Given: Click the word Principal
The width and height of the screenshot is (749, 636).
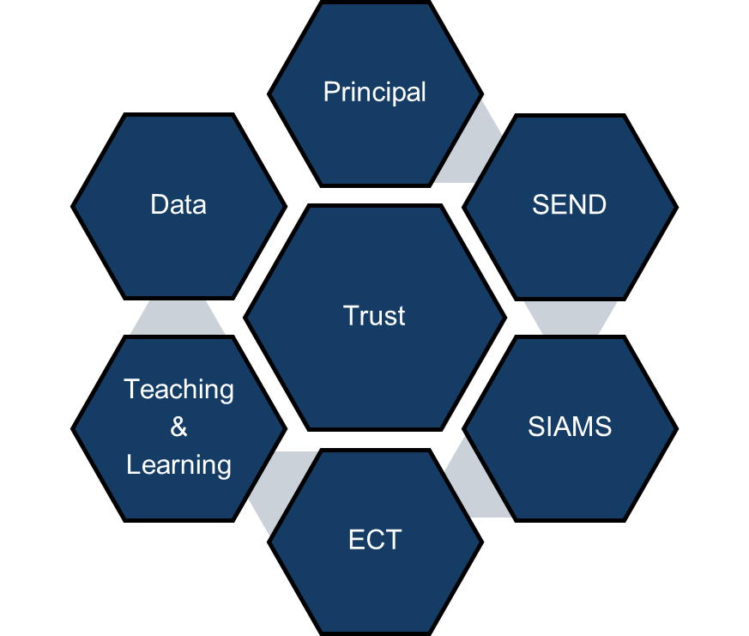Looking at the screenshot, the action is [374, 93].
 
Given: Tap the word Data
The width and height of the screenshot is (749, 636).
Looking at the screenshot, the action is [178, 204].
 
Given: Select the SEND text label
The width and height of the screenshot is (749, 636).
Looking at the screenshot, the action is [570, 204].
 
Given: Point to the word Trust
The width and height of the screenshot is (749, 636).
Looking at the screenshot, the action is [374, 316].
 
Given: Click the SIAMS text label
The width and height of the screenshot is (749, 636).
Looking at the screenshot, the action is [570, 427].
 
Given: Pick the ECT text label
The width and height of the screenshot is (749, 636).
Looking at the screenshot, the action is [376, 540].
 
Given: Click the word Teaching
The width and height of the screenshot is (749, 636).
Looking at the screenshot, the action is [178, 390].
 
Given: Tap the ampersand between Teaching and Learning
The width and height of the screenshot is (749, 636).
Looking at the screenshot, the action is [178, 427].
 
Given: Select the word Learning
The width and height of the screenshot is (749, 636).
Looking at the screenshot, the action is [178, 465].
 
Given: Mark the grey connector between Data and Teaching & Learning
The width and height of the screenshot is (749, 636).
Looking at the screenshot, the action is [178, 318].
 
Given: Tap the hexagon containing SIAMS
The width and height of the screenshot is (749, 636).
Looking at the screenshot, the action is [571, 473].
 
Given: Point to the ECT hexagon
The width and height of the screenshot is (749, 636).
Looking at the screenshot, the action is [376, 588].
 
